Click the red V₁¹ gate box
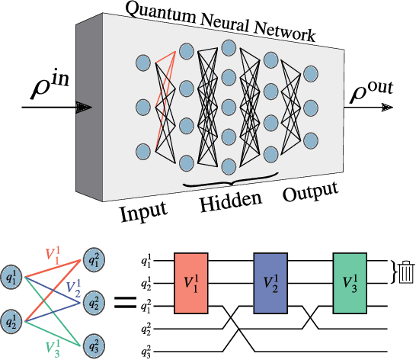(x=190, y=281)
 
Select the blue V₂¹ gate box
(x=270, y=281)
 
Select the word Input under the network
(x=143, y=211)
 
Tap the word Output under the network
(x=310, y=194)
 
